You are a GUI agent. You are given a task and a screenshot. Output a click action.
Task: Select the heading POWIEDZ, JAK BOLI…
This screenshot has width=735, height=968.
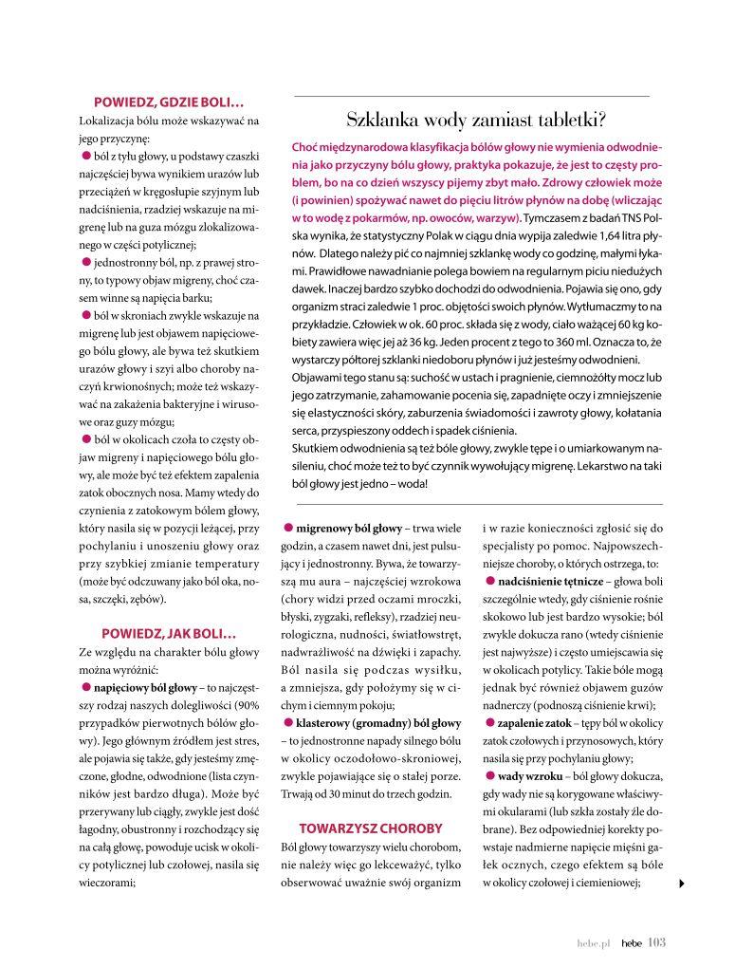pos(169,632)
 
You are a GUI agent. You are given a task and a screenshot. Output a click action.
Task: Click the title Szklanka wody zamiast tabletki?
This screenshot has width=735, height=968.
pos(476,121)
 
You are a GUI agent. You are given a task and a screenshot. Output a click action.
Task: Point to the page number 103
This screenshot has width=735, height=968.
pos(657,942)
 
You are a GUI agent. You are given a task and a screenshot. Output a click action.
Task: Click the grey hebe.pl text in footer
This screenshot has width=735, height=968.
pos(593,943)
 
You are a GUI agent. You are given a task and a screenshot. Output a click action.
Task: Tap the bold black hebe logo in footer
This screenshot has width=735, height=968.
pos(631,943)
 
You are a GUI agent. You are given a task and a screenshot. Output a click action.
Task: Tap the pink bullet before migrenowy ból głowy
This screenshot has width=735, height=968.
pos(287,528)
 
